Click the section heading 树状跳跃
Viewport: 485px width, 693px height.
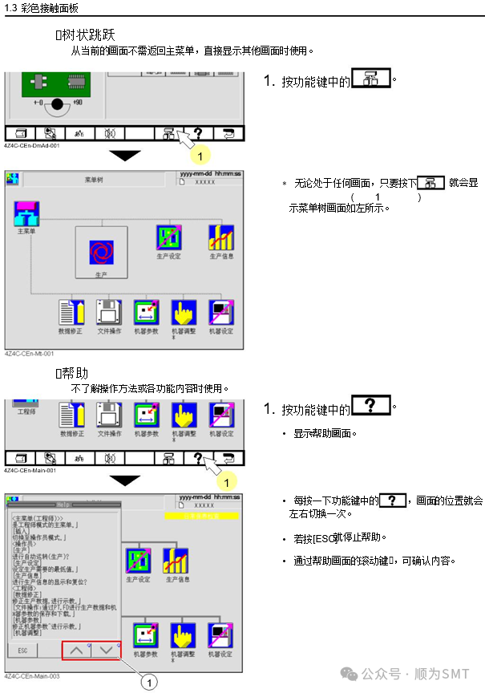(x=88, y=35)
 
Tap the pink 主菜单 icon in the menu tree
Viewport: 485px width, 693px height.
(x=26, y=213)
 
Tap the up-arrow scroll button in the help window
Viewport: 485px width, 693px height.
(x=78, y=650)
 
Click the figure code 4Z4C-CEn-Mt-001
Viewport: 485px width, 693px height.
(x=29, y=353)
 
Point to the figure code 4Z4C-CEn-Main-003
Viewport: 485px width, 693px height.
(x=31, y=676)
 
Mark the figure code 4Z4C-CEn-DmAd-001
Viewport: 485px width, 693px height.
(x=32, y=146)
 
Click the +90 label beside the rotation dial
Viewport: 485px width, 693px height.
(x=77, y=103)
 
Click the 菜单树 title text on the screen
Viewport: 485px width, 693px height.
(x=97, y=180)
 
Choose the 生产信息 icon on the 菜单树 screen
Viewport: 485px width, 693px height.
(x=220, y=237)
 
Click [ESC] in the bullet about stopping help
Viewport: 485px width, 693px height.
(x=322, y=537)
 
